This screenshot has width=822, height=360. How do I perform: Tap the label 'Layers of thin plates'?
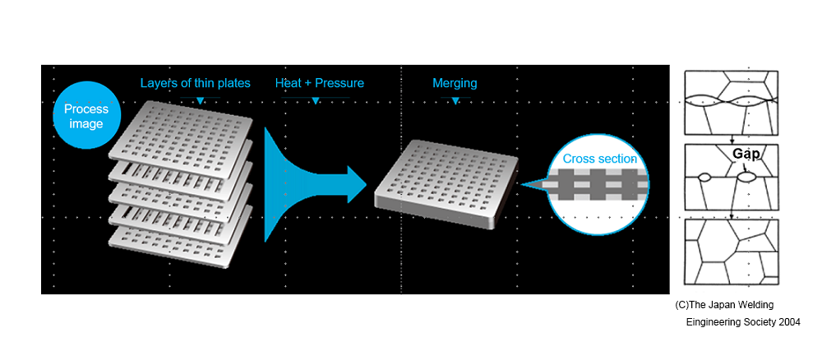coord(195,83)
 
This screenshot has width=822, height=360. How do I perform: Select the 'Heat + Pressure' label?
coord(319,83)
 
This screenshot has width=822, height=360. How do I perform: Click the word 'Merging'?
coord(455,83)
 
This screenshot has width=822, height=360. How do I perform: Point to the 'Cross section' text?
coord(599,159)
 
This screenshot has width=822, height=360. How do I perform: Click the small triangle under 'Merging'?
coord(455,101)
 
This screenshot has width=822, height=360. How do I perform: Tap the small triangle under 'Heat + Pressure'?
coord(316,101)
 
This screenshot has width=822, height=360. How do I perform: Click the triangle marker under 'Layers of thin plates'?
coord(200,101)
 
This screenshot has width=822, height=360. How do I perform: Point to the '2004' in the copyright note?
coord(787,321)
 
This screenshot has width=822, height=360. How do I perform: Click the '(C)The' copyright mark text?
coord(691,305)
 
